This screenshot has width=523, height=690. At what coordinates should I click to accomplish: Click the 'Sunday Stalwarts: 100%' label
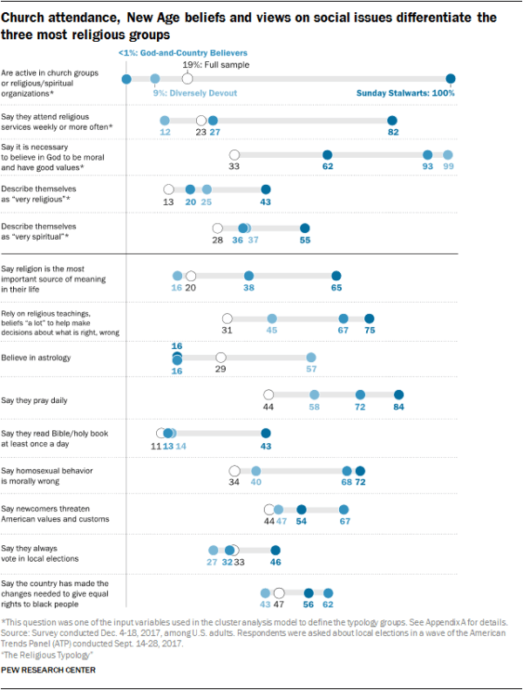point(406,93)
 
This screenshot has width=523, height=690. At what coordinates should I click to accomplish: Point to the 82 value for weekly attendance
point(392,132)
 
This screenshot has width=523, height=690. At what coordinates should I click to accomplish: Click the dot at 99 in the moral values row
point(448,154)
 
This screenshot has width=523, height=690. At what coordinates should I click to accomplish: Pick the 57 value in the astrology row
point(310,368)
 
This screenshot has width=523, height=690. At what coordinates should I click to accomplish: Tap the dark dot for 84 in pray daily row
point(399,395)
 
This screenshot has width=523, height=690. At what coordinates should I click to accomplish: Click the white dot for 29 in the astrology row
point(221,357)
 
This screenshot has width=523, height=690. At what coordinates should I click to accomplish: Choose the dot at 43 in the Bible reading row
point(266,433)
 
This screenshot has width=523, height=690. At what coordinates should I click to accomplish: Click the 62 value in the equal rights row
point(328,603)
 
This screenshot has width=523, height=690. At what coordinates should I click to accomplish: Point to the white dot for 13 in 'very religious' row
point(168,188)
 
